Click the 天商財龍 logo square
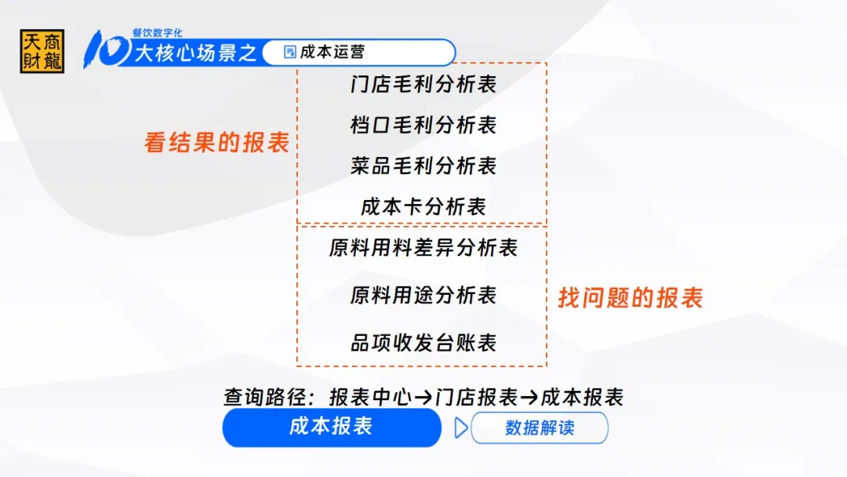pyautogui.click(x=42, y=51)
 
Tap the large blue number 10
pyautogui.click(x=107, y=49)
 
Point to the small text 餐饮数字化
pyautogui.click(x=157, y=33)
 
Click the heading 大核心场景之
pyautogui.click(x=195, y=53)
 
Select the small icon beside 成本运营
pyautogui.click(x=290, y=52)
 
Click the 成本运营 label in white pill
pyautogui.click(x=333, y=52)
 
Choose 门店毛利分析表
pyautogui.click(x=423, y=84)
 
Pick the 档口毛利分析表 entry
pyautogui.click(x=423, y=126)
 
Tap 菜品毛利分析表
pyautogui.click(x=423, y=166)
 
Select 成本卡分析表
pyautogui.click(x=423, y=206)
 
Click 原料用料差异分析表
pyautogui.click(x=423, y=248)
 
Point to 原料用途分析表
pyautogui.click(x=423, y=296)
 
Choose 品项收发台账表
pyautogui.click(x=423, y=343)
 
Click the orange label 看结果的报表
pyautogui.click(x=217, y=143)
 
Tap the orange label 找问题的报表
pyautogui.click(x=631, y=297)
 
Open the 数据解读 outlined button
pyautogui.click(x=540, y=428)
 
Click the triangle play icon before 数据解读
pyautogui.click(x=461, y=428)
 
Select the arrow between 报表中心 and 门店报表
pyautogui.click(x=423, y=398)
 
